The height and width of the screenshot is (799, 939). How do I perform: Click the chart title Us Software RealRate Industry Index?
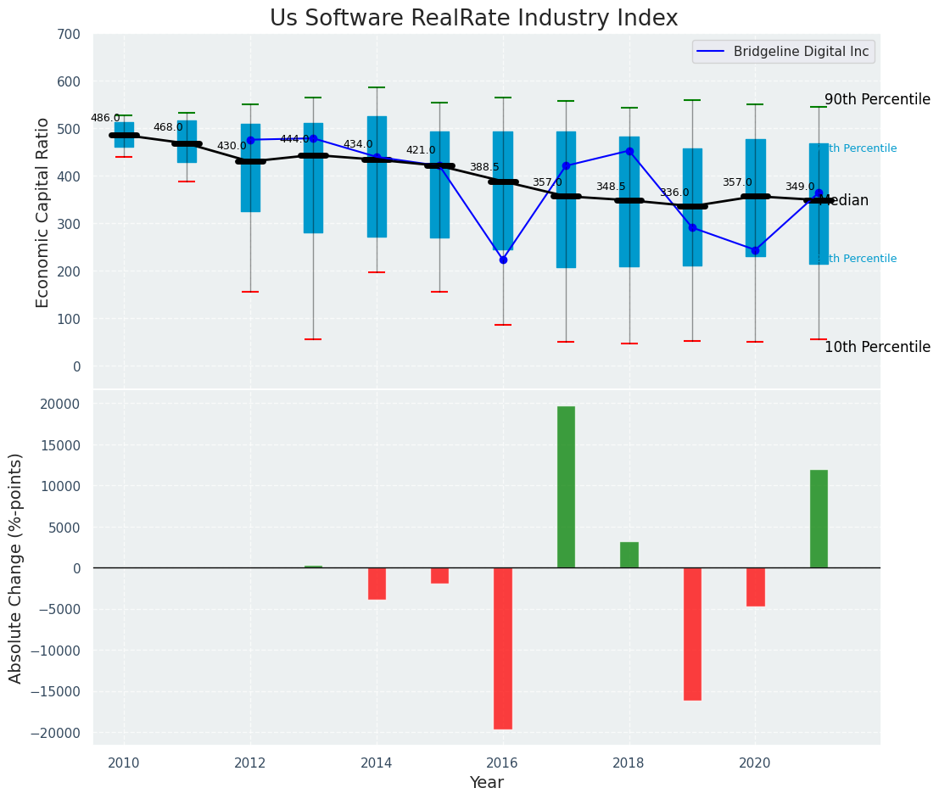(x=473, y=19)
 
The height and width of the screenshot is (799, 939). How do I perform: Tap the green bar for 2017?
(x=566, y=487)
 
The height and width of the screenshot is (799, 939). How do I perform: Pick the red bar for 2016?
(x=503, y=648)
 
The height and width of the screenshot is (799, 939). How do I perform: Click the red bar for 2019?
(x=692, y=634)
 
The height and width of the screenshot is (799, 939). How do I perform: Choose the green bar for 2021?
(x=819, y=519)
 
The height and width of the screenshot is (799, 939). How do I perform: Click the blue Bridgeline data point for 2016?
(x=503, y=260)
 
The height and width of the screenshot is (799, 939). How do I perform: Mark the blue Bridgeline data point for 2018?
(x=629, y=151)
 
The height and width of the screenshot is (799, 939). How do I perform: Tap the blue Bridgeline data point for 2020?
(x=755, y=250)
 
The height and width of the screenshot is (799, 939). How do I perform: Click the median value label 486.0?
(x=105, y=119)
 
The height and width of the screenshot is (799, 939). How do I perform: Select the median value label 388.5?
(x=484, y=168)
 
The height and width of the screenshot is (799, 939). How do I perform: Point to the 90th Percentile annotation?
(x=877, y=99)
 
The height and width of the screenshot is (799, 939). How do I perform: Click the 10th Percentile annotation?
(x=877, y=347)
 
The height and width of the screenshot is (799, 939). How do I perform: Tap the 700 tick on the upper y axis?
(x=70, y=35)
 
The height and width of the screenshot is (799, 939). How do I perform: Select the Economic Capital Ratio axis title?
(x=43, y=212)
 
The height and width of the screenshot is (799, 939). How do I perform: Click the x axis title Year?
(x=486, y=783)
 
